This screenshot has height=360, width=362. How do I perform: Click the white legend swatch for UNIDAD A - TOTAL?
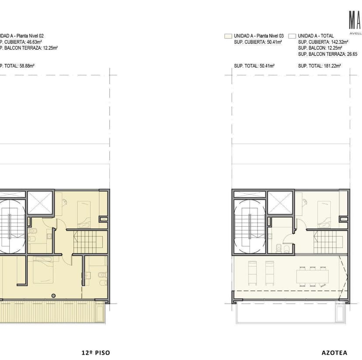(x=292, y=36)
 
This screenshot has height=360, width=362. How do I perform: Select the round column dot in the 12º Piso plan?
(x=53, y=295)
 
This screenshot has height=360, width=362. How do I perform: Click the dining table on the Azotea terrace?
(x=313, y=277)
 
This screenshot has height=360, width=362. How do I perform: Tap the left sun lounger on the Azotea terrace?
(x=252, y=272)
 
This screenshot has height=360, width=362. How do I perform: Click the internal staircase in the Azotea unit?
(x=325, y=242)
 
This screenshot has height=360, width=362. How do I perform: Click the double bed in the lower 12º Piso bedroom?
(x=42, y=271)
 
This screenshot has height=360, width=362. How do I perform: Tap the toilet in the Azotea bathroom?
(x=286, y=248)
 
